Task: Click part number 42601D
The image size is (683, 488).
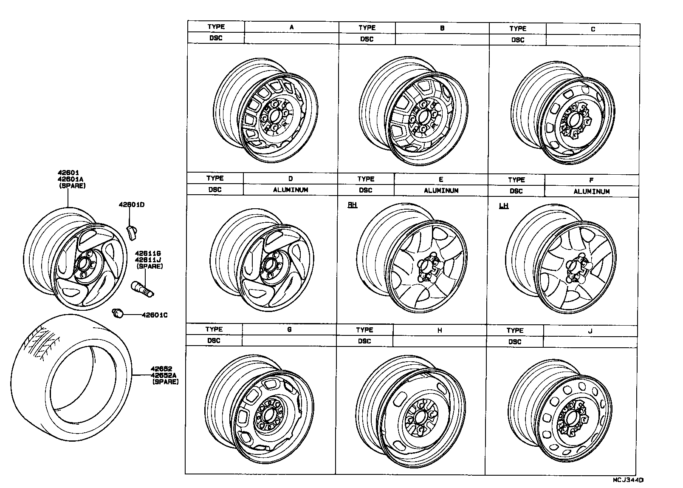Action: (x=131, y=205)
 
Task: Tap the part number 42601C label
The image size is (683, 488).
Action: (x=154, y=315)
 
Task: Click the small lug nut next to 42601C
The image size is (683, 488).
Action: (x=118, y=314)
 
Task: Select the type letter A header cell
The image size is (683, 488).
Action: (x=291, y=27)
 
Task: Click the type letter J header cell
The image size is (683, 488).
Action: (x=590, y=331)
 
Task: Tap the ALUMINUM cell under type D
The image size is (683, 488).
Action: (x=290, y=190)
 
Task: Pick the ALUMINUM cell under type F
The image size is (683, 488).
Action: (x=591, y=192)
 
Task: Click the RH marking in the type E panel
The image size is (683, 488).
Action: (x=352, y=205)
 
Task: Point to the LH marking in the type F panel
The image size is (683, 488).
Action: (x=503, y=206)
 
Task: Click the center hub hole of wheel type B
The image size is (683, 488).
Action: (x=423, y=116)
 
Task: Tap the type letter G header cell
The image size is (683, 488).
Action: (x=289, y=329)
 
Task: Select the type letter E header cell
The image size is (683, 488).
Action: (x=441, y=179)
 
